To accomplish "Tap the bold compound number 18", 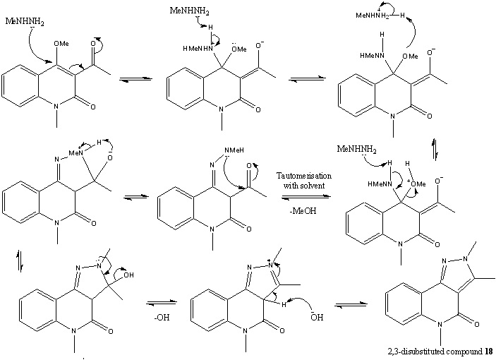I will click(x=488, y=351).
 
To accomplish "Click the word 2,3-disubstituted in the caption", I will click(x=424, y=351).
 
